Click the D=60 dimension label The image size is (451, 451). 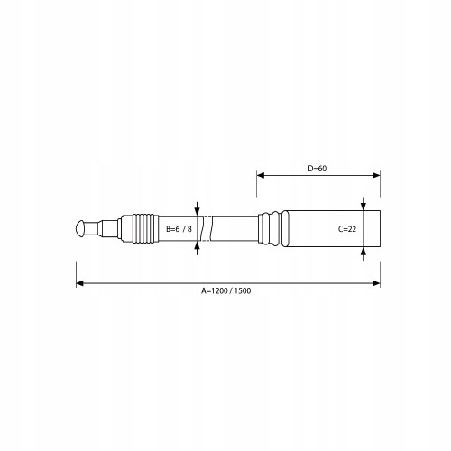(318, 169)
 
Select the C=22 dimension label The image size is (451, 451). (347, 229)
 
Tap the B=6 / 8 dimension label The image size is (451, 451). (179, 229)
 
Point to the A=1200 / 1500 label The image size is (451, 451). (225, 290)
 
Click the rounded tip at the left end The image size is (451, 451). (80, 228)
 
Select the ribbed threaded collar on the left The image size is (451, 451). (145, 228)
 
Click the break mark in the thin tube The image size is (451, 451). (207, 228)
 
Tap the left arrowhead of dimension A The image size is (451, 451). (80, 283)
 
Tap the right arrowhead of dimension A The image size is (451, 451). (376, 283)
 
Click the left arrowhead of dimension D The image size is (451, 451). (261, 175)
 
